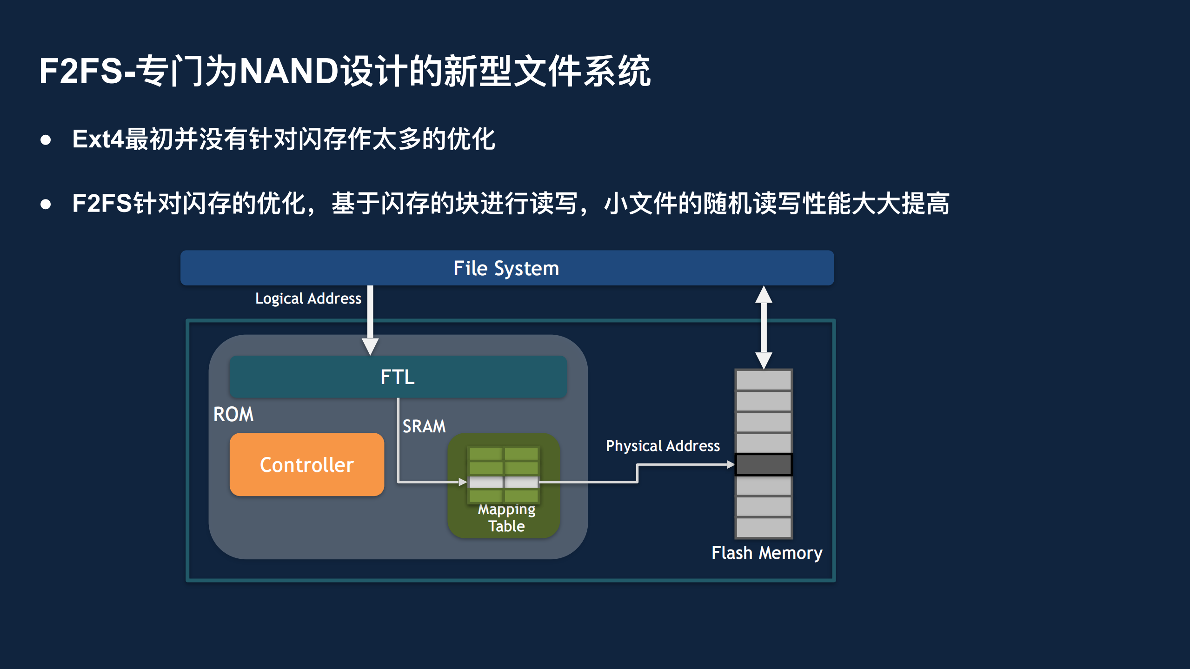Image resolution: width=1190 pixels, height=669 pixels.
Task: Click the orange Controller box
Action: [306, 464]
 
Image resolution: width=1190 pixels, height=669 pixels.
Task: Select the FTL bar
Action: [398, 377]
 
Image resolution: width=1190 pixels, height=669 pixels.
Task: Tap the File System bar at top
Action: [506, 268]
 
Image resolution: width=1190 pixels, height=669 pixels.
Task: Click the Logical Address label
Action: [308, 298]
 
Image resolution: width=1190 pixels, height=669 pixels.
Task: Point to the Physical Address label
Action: [662, 446]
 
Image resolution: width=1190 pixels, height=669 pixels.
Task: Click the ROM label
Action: [233, 414]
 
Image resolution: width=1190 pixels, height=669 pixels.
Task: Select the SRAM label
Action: [424, 426]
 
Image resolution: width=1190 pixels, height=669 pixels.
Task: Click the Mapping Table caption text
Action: [506, 518]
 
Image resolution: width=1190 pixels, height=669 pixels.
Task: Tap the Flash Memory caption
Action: [766, 553]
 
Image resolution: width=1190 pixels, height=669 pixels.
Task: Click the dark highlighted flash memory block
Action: [764, 464]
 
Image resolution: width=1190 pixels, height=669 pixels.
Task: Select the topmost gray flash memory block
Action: [764, 380]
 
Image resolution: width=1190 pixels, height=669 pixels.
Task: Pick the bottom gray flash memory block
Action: [764, 527]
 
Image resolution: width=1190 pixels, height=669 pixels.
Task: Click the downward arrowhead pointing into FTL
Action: [370, 346]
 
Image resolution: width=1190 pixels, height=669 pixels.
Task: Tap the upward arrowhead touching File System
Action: [764, 295]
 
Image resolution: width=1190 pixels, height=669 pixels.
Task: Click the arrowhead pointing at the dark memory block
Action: [731, 464]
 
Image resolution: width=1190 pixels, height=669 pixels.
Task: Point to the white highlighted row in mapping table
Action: [504, 482]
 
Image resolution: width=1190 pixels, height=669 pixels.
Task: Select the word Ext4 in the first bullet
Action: [98, 139]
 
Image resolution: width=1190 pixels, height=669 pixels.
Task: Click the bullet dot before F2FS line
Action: [46, 204]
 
